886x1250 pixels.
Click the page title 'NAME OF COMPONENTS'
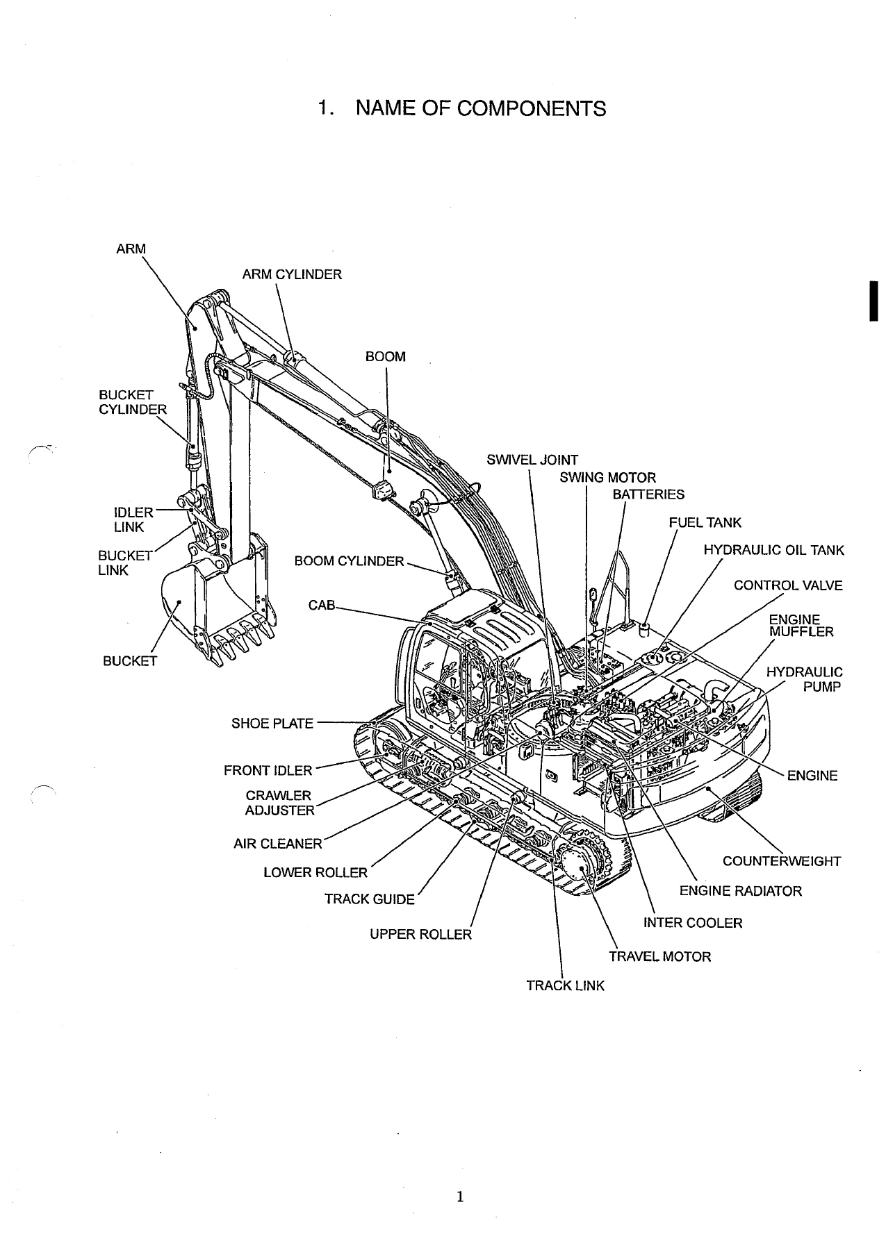click(480, 108)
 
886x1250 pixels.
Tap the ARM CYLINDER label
click(292, 274)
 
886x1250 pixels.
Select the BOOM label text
click(386, 357)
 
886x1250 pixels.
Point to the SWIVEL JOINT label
click(532, 460)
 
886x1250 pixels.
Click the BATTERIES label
click(648, 494)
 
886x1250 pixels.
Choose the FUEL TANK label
click(705, 523)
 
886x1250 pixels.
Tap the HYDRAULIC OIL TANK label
click(774, 551)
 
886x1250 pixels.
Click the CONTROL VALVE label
click(788, 585)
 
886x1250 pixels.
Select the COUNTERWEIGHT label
click(782, 861)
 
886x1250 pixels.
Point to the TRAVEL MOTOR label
click(660, 956)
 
